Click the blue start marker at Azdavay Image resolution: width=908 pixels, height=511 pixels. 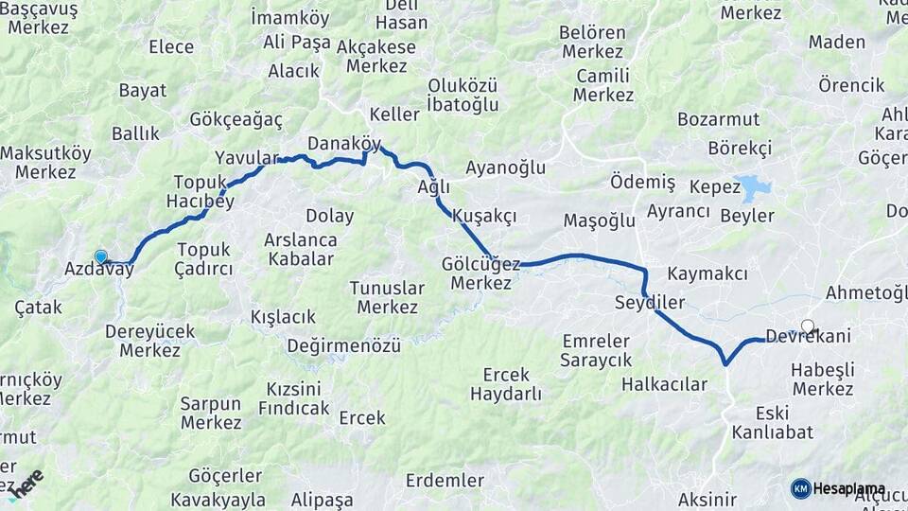pyautogui.click(x=101, y=256)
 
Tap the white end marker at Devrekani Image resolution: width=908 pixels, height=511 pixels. pyautogui.click(x=807, y=326)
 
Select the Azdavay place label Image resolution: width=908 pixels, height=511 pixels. pyautogui.click(x=99, y=270)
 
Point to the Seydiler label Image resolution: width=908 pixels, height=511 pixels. pyautogui.click(x=649, y=303)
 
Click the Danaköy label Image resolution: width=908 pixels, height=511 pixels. pyautogui.click(x=345, y=144)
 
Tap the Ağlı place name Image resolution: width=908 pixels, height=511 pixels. pyautogui.click(x=433, y=186)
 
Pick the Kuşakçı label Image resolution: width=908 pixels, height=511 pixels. pyautogui.click(x=484, y=216)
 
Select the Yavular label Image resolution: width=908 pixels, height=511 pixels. pyautogui.click(x=246, y=157)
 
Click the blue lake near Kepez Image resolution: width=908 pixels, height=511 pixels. pyautogui.click(x=756, y=187)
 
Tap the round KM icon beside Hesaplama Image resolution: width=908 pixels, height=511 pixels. pyautogui.click(x=800, y=488)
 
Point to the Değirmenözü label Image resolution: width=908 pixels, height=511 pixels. pyautogui.click(x=343, y=345)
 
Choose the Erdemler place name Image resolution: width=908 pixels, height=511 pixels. pyautogui.click(x=445, y=480)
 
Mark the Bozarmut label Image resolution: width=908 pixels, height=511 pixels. pyautogui.click(x=718, y=119)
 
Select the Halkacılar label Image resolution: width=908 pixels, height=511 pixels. pyautogui.click(x=664, y=384)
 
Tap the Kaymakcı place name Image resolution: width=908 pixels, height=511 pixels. pyautogui.click(x=707, y=274)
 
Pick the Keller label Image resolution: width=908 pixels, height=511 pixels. pyautogui.click(x=393, y=114)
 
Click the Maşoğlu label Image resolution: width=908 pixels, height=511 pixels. pyautogui.click(x=599, y=221)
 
